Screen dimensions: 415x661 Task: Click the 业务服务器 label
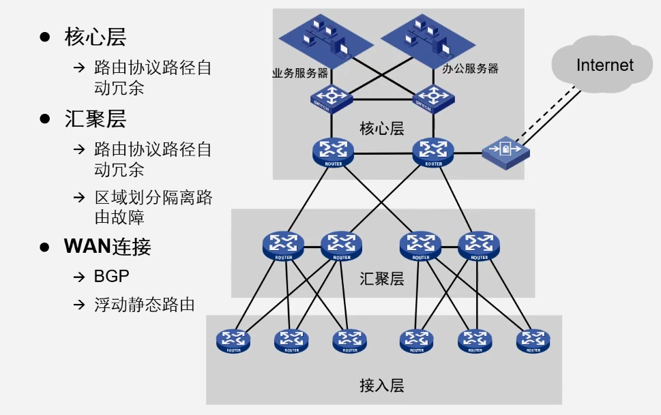tap(300, 74)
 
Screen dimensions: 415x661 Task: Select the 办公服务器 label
tap(470, 69)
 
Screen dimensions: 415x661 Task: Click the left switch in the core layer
tap(332, 98)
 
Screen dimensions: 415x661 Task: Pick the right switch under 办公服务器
tap(433, 98)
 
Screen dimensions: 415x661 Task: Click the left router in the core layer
tap(332, 152)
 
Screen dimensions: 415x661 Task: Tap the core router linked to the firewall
tap(433, 152)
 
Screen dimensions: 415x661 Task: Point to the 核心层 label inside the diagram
tap(382, 127)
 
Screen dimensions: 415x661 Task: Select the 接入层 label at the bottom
tap(382, 385)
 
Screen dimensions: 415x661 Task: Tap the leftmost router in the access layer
tap(233, 340)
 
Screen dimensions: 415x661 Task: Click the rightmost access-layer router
tap(533, 340)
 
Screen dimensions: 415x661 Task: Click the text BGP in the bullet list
tap(111, 277)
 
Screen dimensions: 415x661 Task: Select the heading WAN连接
tap(107, 247)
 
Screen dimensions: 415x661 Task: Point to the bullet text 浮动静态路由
tap(144, 304)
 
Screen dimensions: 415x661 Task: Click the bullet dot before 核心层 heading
tap(45, 37)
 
